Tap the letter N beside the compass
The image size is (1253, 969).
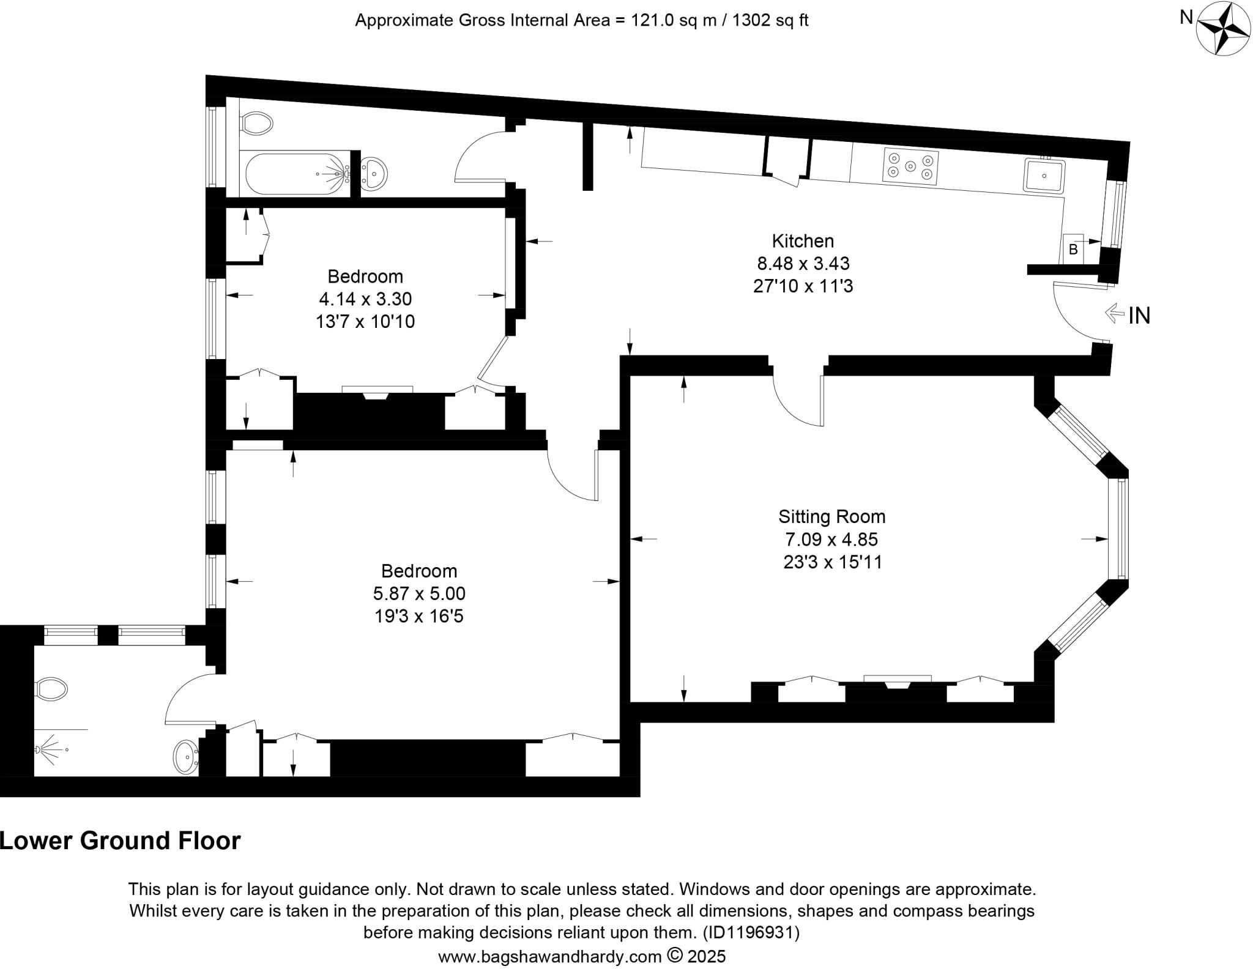1186,18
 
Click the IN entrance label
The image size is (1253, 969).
1139,316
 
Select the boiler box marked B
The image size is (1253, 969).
1073,249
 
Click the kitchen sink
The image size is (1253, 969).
1045,176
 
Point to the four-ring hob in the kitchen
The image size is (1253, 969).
910,166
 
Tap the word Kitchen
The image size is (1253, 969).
803,241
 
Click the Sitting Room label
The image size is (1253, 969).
831,517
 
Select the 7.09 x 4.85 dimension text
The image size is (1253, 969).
831,540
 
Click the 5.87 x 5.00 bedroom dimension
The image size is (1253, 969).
419,593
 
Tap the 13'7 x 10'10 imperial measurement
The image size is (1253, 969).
365,322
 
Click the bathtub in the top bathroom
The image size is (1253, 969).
296,174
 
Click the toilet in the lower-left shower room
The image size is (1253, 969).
51,689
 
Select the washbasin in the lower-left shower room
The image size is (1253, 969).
185,757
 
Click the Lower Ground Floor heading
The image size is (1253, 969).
121,841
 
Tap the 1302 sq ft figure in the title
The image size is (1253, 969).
770,21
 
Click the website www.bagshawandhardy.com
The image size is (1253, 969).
549,956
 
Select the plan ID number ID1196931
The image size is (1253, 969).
750,933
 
